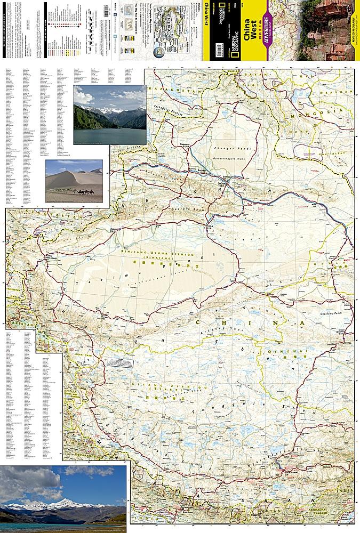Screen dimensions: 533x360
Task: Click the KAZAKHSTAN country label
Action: tap(171, 89)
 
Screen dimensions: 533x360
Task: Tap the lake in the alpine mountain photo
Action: tap(109, 135)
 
